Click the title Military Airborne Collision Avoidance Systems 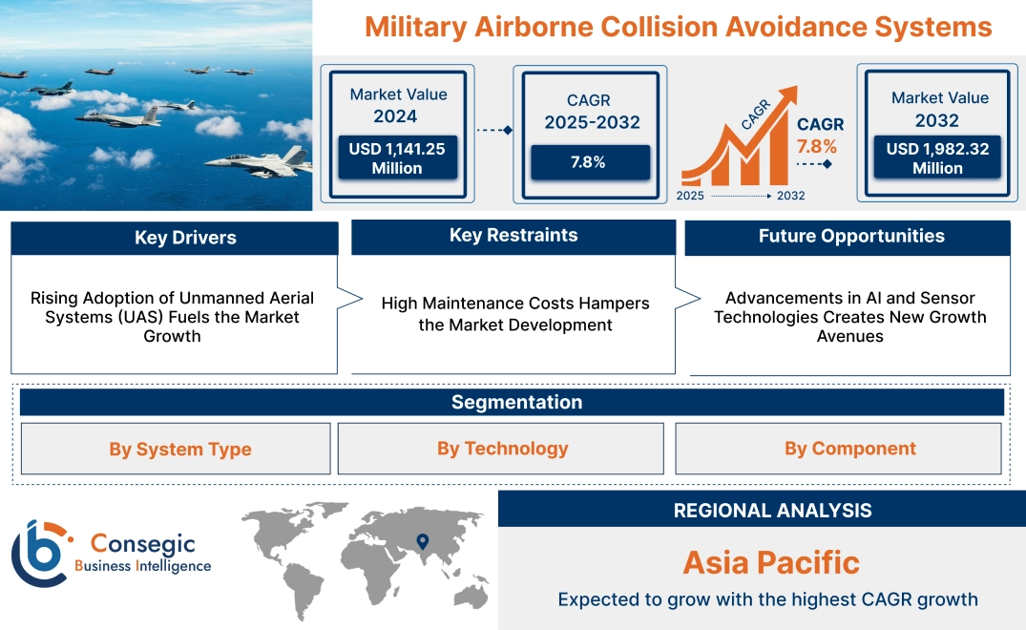pyautogui.click(x=678, y=27)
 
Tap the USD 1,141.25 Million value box pyautogui.click(x=396, y=158)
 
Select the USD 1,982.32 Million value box pyautogui.click(x=937, y=158)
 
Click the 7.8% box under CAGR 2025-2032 pyautogui.click(x=588, y=162)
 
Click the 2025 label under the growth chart pyautogui.click(x=692, y=196)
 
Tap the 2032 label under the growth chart pyautogui.click(x=790, y=196)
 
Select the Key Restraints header pyautogui.click(x=513, y=236)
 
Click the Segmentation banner pyautogui.click(x=516, y=402)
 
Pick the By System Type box pyautogui.click(x=180, y=450)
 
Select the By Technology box pyautogui.click(x=502, y=449)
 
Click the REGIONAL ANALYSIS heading pyautogui.click(x=772, y=511)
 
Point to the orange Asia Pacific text pyautogui.click(x=771, y=562)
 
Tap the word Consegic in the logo pyautogui.click(x=142, y=544)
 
